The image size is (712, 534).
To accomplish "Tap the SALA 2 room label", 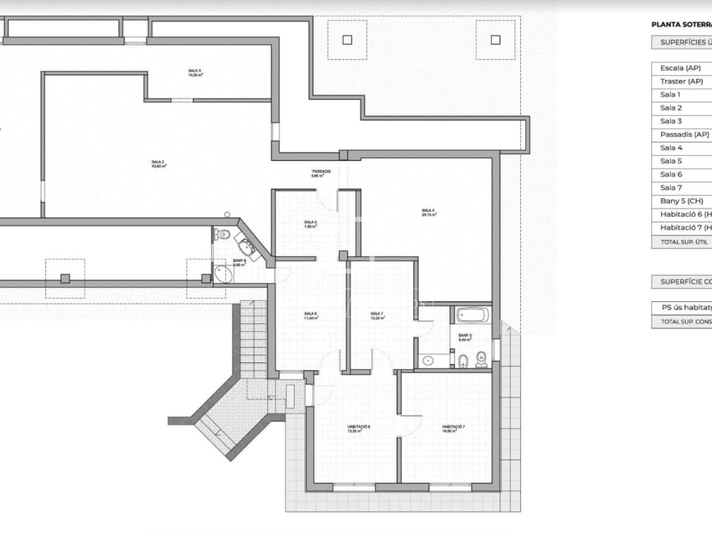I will tap(158, 164).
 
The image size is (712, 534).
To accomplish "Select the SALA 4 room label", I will tap(429, 212).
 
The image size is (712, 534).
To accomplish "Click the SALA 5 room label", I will tap(310, 224).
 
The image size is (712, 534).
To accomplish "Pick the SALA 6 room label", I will tap(311, 316).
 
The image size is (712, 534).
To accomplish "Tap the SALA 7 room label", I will tap(377, 316).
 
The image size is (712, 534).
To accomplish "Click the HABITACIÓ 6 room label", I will tap(359, 429).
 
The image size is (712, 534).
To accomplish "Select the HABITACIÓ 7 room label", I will tap(453, 429).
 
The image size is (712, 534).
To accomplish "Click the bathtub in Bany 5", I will tap(473, 316).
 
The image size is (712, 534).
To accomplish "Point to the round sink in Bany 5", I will tap(428, 360).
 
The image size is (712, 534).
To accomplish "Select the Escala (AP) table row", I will tap(680, 68).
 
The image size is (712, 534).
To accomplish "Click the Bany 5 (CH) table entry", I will tap(681, 201).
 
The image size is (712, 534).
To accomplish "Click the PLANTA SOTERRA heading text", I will tap(681, 25).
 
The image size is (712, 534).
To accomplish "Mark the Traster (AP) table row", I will tap(681, 81).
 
